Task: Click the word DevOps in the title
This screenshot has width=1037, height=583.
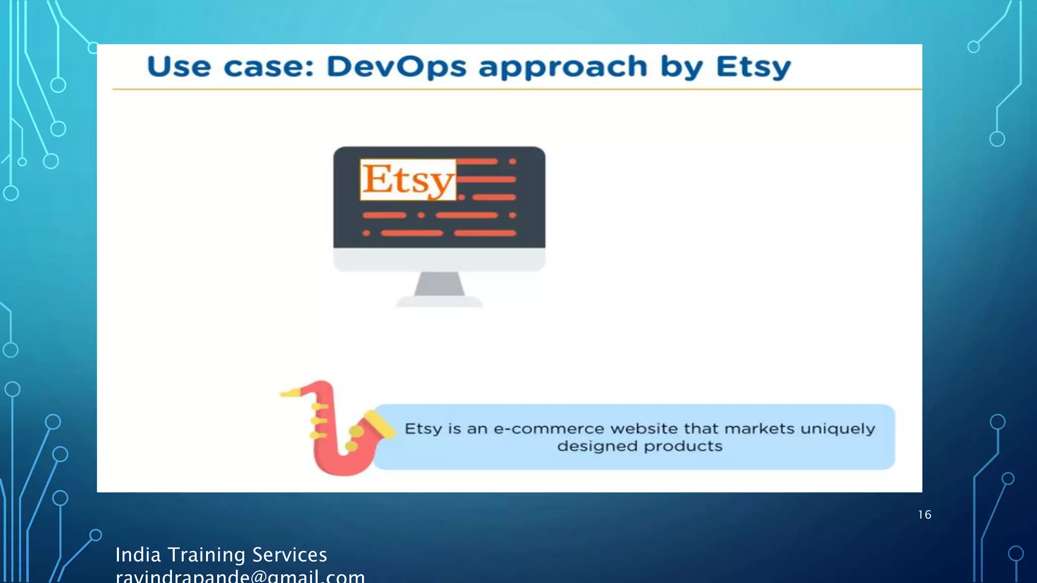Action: (396, 67)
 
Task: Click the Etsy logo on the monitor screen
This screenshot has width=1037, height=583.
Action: (408, 180)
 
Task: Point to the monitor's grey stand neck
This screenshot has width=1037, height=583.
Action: (439, 284)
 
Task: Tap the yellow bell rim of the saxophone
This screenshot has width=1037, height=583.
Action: (380, 424)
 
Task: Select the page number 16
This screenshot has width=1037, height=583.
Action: (925, 515)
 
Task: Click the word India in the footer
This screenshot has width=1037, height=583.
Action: (138, 555)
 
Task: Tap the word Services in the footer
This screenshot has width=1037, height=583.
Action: (289, 555)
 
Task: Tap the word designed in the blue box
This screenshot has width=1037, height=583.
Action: (597, 446)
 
